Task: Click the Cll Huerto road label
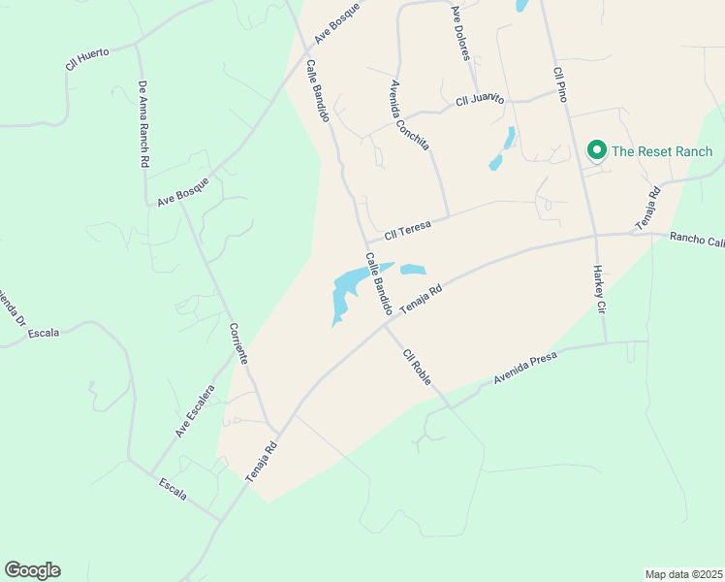(x=87, y=59)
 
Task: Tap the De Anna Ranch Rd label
(x=142, y=125)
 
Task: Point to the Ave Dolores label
(x=460, y=33)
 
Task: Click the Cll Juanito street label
(x=481, y=99)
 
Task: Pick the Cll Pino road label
(x=559, y=84)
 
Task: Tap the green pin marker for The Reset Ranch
(x=597, y=150)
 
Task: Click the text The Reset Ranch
(x=662, y=151)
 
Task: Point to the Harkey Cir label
(x=600, y=289)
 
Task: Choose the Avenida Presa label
(x=525, y=368)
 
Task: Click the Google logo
(x=32, y=570)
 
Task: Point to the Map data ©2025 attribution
(x=683, y=574)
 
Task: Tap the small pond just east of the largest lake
(x=413, y=270)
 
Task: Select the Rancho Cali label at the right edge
(x=697, y=240)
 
